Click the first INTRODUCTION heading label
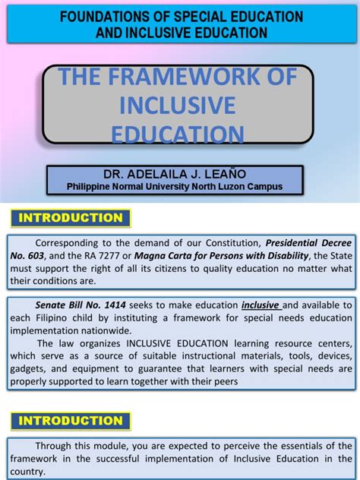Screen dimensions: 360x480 click(70, 218)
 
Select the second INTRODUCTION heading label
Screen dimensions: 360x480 click(70, 421)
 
